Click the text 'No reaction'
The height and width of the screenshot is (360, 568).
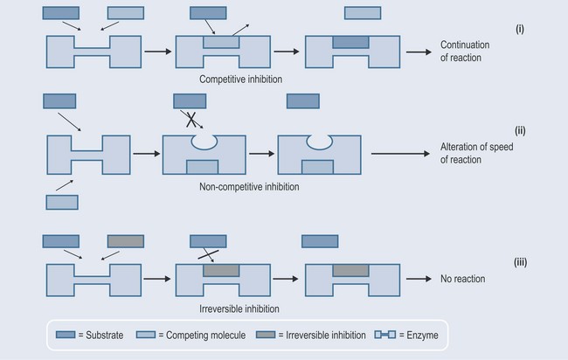(x=462, y=279)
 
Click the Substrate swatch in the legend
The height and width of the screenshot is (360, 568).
(x=70, y=334)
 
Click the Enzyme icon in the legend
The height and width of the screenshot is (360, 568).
(x=384, y=334)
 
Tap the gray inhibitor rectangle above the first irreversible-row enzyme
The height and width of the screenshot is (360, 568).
(x=125, y=240)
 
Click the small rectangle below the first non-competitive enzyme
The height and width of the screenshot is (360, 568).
(x=60, y=202)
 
